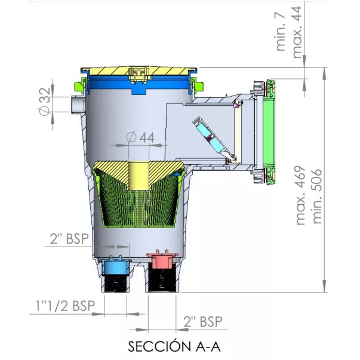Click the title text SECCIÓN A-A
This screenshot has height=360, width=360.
pos(174,346)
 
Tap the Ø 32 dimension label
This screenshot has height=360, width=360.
pos(44,101)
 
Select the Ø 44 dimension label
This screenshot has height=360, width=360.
pos(141,137)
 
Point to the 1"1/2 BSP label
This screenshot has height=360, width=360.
pos(65,306)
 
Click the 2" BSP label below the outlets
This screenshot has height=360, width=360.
pos(203,321)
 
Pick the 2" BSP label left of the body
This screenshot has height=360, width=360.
pos(69,239)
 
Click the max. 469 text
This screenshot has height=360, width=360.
pos(301,195)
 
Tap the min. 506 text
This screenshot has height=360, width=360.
pos(318,196)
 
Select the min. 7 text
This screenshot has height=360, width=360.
pos(281,32)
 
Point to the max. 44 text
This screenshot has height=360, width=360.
pos(297,32)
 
